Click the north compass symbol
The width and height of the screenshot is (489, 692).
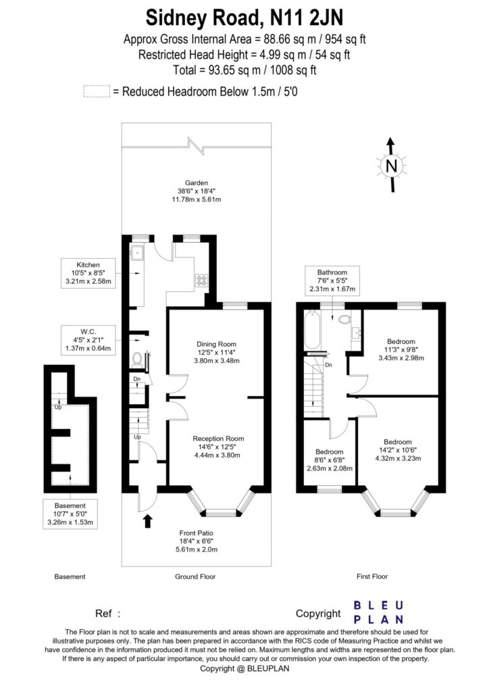[390, 166]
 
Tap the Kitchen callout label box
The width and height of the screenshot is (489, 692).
[88, 273]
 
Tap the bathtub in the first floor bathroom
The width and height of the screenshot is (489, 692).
[313, 332]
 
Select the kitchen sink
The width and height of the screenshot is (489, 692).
[137, 253]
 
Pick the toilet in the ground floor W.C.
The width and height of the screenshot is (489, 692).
[138, 358]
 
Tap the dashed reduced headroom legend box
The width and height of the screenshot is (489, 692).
[96, 91]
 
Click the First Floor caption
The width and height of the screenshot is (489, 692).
[372, 577]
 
